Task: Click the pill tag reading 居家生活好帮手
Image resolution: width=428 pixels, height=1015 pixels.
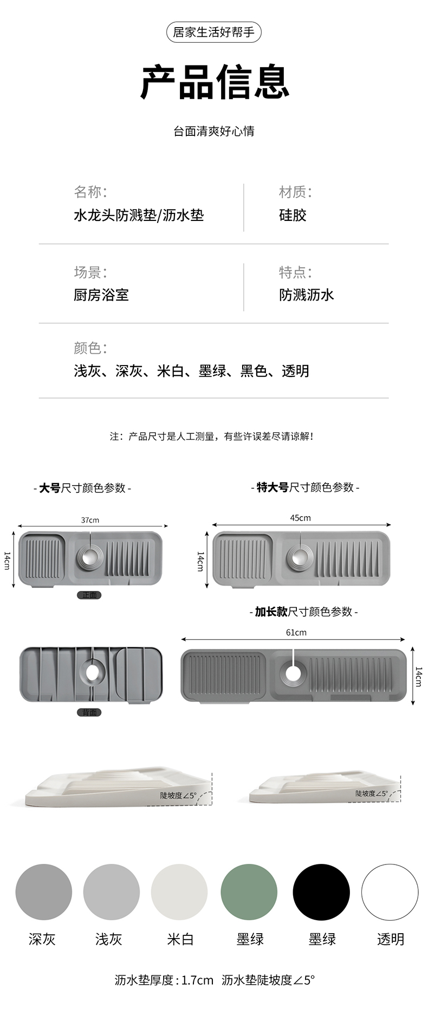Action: tap(213, 32)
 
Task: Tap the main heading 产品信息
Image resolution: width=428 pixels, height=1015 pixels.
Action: tap(214, 82)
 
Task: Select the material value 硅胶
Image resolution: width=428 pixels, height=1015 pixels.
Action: tap(293, 215)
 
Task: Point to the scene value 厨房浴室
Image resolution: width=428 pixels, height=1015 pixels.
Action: tap(101, 295)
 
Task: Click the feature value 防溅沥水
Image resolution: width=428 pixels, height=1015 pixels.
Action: tap(306, 295)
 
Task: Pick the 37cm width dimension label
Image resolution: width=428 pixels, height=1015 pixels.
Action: tap(90, 520)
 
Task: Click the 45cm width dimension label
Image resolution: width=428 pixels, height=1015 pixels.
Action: tap(300, 518)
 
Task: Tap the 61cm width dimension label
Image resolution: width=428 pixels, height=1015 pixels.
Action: tap(296, 632)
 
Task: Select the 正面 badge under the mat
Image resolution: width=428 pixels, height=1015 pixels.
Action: tap(89, 595)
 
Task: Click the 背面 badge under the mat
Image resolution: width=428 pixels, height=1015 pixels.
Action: tap(89, 712)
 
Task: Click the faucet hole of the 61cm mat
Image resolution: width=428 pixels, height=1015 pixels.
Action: tap(293, 673)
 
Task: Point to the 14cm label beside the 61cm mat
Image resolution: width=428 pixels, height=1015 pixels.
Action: tap(418, 676)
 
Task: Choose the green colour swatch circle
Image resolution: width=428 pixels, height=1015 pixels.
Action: tap(249, 892)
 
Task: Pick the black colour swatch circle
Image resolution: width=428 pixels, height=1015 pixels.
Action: tap(321, 892)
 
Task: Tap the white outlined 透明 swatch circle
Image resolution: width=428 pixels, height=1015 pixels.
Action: tap(390, 892)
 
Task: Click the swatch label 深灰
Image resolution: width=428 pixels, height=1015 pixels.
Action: tap(42, 939)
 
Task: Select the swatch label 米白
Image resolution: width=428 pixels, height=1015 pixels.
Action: tap(180, 939)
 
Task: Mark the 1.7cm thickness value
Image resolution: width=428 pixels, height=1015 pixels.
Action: tap(197, 980)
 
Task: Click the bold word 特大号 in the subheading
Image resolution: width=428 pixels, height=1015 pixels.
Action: tap(273, 487)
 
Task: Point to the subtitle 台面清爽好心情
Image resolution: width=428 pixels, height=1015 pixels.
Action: tap(214, 131)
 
